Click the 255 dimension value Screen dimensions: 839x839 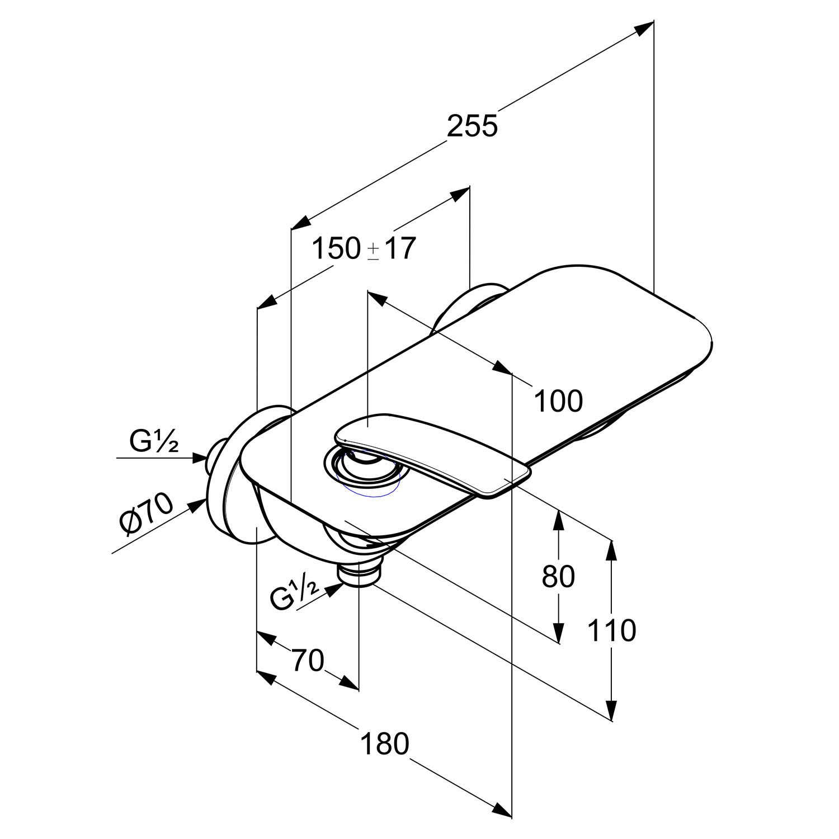pyautogui.click(x=472, y=126)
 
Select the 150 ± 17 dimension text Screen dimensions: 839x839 pyautogui.click(x=364, y=248)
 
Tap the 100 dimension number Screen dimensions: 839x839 pyautogui.click(x=559, y=400)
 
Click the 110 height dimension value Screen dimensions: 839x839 pyautogui.click(x=612, y=630)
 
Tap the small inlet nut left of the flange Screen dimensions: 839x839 pyautogui.click(x=215, y=456)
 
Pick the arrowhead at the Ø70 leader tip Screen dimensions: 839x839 pyautogui.click(x=197, y=505)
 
